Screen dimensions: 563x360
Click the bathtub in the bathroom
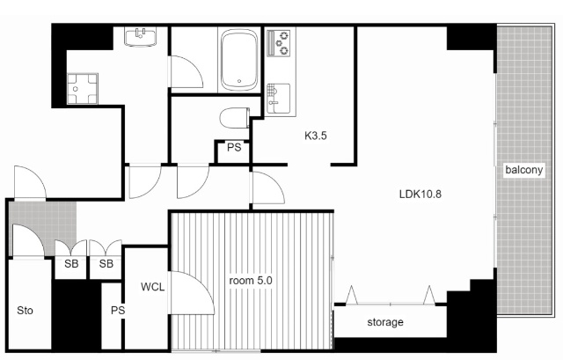(x=239, y=60)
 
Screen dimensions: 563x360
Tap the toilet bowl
(x=235, y=117)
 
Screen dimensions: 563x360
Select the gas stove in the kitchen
(x=279, y=43)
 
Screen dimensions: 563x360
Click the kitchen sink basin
(x=279, y=98)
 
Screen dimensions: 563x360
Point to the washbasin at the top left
(x=141, y=37)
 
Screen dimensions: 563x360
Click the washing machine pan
(x=82, y=89)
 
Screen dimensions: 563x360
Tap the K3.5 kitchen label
(x=316, y=136)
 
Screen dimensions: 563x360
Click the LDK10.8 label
(x=420, y=194)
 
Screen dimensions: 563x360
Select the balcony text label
(x=524, y=170)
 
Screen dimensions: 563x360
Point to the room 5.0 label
(x=251, y=280)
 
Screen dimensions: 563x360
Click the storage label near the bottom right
(x=385, y=322)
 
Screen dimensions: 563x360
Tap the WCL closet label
(x=152, y=287)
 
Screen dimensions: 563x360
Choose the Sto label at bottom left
(x=25, y=310)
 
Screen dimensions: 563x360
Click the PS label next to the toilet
(x=234, y=147)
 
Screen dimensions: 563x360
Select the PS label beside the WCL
(x=118, y=310)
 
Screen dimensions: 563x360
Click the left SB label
(x=71, y=264)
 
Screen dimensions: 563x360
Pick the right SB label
(x=106, y=264)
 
